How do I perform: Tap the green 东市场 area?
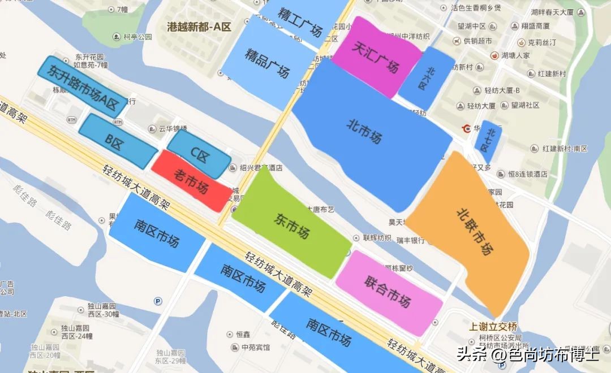[x=292, y=224]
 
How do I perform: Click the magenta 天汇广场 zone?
[x=376, y=57]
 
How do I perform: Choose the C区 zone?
[x=200, y=154]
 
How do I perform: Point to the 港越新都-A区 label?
[x=200, y=26]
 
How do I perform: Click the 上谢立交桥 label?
[x=493, y=327]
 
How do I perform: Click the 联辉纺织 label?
[x=377, y=237]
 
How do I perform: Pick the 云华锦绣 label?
[x=173, y=129]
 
